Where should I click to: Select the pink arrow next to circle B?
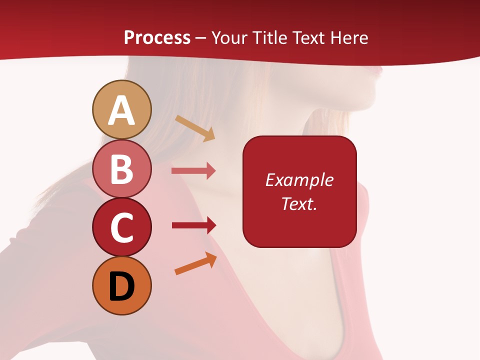point(193,171)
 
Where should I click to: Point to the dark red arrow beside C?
point(193,225)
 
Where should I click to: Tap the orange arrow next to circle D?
point(195,263)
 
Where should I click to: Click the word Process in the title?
point(157,38)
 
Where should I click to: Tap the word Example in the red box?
point(299,180)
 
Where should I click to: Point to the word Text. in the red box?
point(299,203)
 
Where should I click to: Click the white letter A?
point(122,111)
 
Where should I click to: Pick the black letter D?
point(122,286)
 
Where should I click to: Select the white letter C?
point(122,228)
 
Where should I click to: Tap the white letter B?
point(122,169)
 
